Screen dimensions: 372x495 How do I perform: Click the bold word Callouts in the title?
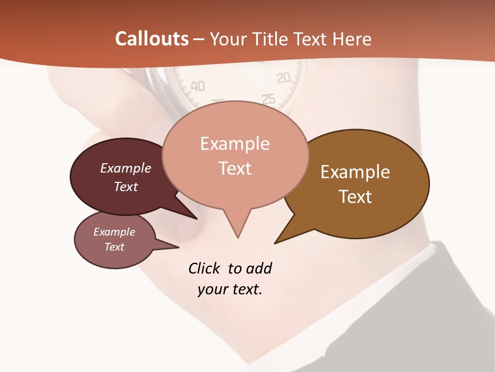coord(152,39)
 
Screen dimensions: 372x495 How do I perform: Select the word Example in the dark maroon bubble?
coord(126,168)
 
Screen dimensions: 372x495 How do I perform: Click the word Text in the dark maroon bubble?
coord(126,187)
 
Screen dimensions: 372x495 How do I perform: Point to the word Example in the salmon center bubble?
coord(235,144)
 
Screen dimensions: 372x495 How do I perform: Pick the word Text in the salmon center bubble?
coord(235,168)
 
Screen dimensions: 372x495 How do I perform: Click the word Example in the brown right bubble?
coord(355,172)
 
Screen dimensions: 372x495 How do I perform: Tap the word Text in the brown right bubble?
coord(355,197)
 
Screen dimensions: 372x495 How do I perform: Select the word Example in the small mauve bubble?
coord(114,232)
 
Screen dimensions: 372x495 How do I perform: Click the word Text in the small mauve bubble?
coord(114,247)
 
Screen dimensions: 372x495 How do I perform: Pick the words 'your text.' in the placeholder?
coord(230,289)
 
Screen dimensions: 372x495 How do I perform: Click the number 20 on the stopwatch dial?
coord(284,79)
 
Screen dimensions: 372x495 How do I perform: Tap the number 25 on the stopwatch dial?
coord(268,98)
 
